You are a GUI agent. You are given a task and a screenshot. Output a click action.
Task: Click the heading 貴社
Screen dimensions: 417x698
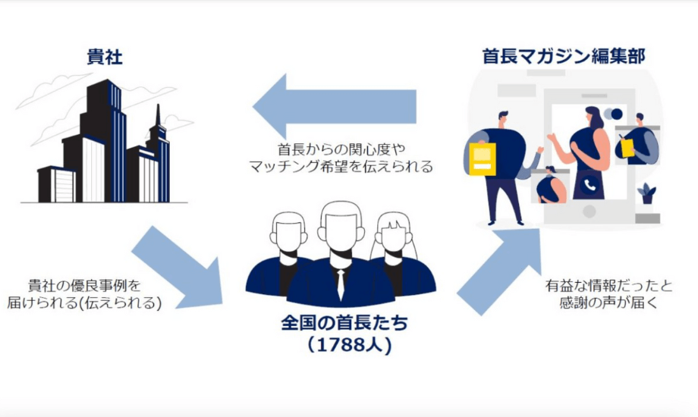[x=104, y=57]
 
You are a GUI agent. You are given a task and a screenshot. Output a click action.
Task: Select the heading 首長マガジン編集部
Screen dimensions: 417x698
[x=564, y=56]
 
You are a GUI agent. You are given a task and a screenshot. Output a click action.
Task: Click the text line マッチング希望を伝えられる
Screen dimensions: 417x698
[x=341, y=168]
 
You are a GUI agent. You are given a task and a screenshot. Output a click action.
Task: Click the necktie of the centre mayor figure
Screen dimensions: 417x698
[x=341, y=283]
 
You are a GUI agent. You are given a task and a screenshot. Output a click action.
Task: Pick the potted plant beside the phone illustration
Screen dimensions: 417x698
[x=647, y=194]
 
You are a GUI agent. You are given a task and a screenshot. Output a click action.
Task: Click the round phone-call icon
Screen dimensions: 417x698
[x=589, y=184]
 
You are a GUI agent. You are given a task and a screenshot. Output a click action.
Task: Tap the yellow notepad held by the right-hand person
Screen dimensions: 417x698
[x=627, y=147]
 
